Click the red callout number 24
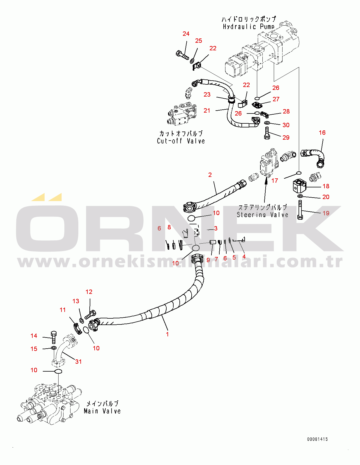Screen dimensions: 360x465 click(x=186, y=34)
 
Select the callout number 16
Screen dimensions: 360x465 click(x=322, y=133)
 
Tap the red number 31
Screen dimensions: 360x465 click(x=78, y=362)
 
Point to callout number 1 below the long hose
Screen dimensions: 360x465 click(x=167, y=334)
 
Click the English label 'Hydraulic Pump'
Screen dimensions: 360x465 click(x=248, y=27)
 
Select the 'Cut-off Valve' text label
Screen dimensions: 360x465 click(x=181, y=141)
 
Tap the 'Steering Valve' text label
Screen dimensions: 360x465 click(x=262, y=215)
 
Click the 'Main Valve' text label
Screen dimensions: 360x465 click(x=102, y=411)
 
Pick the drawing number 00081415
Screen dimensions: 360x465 click(x=317, y=439)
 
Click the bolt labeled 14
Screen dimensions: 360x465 click(x=54, y=337)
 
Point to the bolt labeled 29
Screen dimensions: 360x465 click(x=267, y=134)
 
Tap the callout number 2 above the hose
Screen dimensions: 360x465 click(x=210, y=175)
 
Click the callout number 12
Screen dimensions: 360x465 click(x=89, y=292)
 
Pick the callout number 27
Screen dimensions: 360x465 click(x=276, y=99)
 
